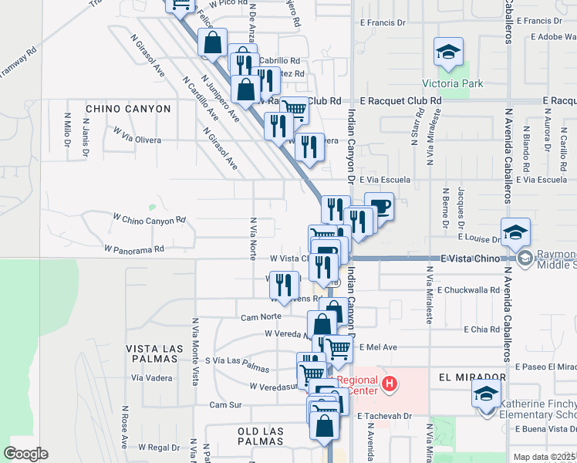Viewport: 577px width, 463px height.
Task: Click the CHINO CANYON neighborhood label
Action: pyautogui.click(x=128, y=109)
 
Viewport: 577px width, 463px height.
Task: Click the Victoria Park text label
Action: pyautogui.click(x=452, y=83)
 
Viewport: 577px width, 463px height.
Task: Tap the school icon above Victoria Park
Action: pyautogui.click(x=448, y=52)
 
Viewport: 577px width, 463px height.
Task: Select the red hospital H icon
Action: pyautogui.click(x=390, y=383)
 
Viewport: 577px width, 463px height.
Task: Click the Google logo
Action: pyautogui.click(x=25, y=454)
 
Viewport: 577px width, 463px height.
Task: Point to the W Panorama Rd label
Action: pyautogui.click(x=134, y=249)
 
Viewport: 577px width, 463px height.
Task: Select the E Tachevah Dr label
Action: pyautogui.click(x=386, y=415)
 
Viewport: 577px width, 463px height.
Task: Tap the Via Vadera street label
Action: pyautogui.click(x=152, y=377)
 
